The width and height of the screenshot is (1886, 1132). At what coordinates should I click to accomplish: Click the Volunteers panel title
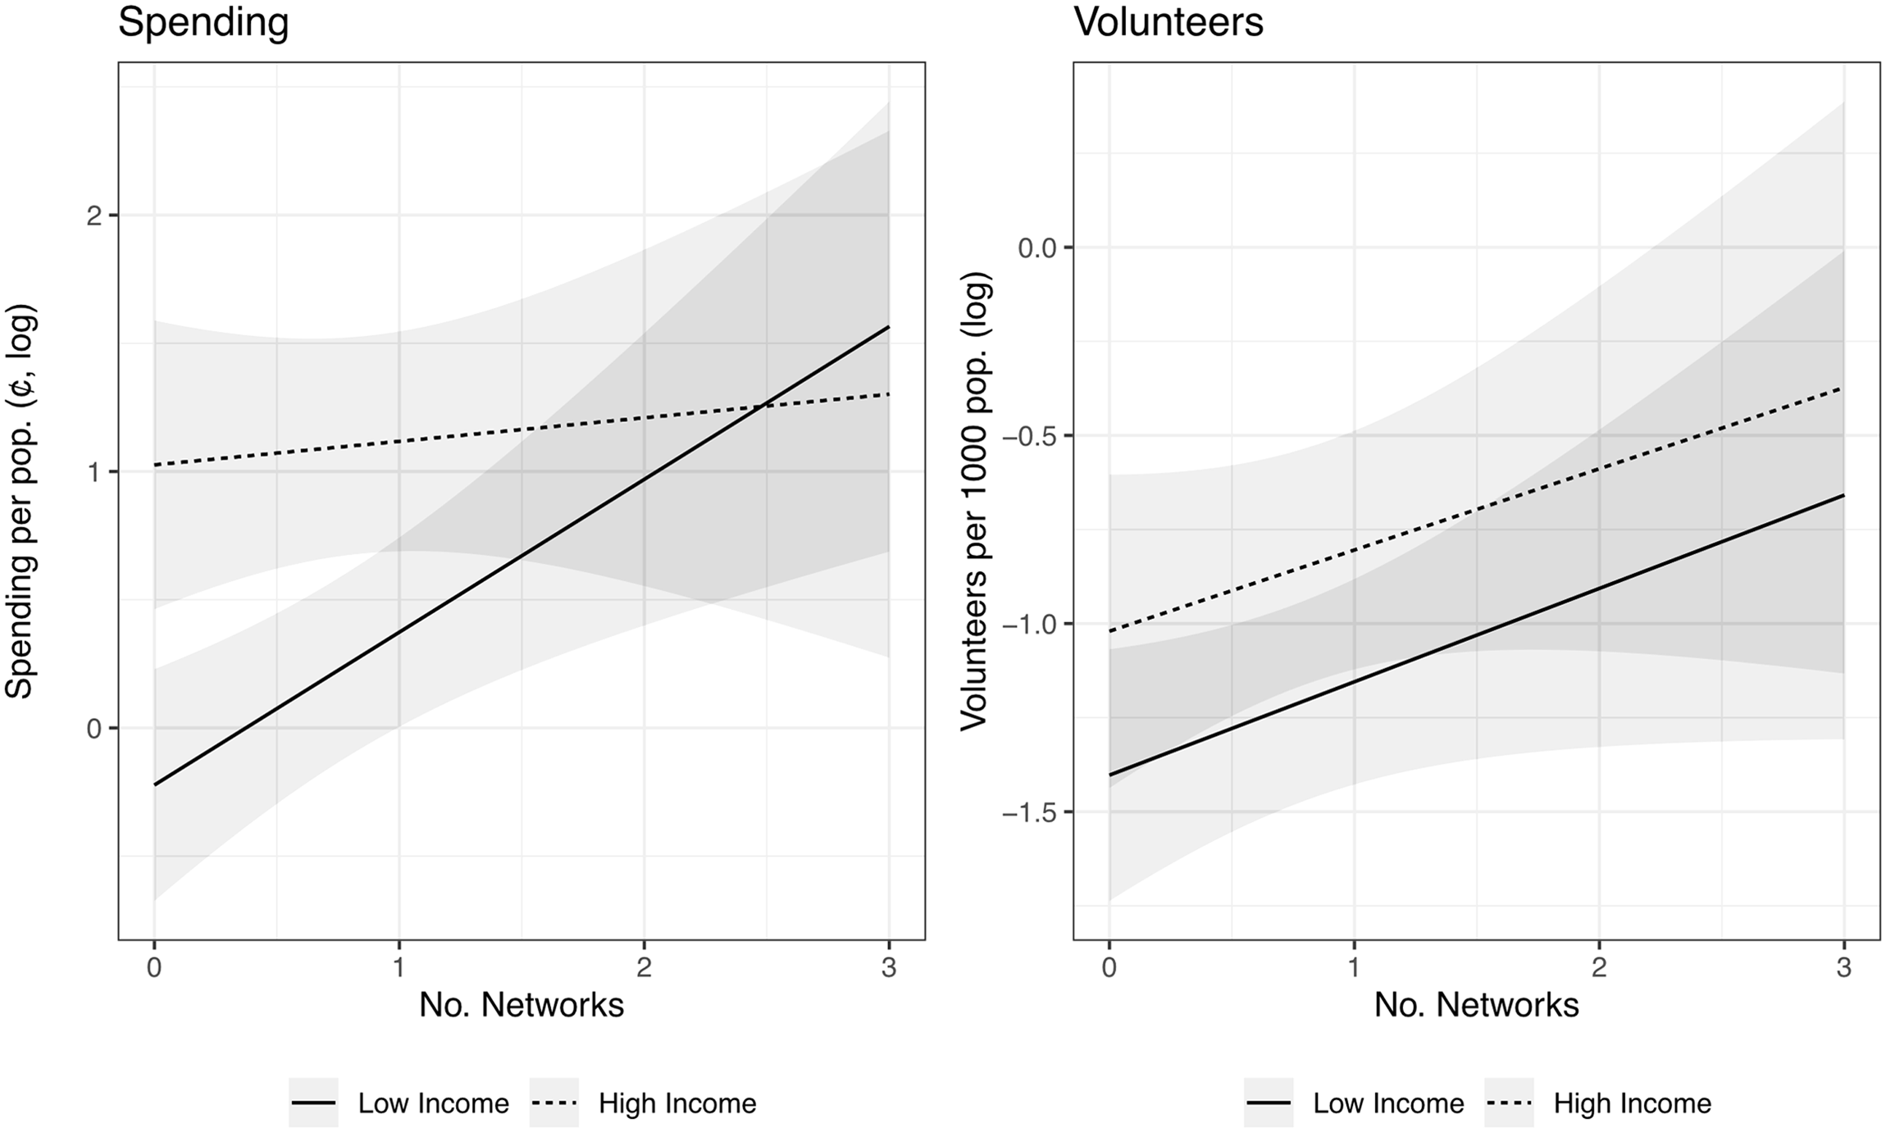pos(1168,22)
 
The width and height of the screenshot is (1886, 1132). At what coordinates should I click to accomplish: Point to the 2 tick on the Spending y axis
pos(95,216)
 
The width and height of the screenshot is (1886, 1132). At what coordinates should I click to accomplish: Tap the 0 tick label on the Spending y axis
pos(95,728)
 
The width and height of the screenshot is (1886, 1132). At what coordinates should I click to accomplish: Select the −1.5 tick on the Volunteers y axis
pos(1028,812)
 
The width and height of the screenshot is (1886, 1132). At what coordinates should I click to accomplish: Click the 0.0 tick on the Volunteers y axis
pos(1037,248)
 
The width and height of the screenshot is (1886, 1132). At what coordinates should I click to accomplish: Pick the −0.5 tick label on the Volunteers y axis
pos(1028,435)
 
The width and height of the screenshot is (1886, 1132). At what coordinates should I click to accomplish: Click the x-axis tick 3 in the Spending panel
pos(889,969)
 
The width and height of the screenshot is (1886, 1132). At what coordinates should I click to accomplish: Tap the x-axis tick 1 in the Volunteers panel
pos(1354,969)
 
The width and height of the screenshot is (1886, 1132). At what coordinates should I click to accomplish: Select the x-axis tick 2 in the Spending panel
pos(644,969)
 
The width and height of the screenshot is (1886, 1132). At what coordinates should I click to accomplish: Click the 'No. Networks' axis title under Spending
pos(522,1005)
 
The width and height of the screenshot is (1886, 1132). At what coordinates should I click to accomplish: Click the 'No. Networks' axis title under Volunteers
pos(1477,1005)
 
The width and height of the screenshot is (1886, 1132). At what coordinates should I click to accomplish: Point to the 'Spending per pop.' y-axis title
pos(20,501)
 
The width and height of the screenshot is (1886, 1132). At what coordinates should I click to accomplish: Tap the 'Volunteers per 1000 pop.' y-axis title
pos(975,501)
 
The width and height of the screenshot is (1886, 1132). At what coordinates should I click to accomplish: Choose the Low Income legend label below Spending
pos(433,1103)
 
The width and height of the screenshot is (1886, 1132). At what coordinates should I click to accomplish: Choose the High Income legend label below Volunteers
pos(1633,1103)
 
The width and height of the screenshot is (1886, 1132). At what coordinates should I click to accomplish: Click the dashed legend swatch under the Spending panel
pos(554,1103)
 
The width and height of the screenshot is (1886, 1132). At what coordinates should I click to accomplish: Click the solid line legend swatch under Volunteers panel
pos(1269,1103)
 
